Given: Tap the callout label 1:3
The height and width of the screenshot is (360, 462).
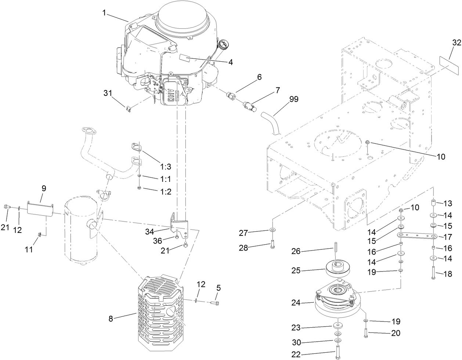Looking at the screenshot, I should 166,166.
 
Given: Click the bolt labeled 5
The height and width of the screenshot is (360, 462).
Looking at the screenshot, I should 215,303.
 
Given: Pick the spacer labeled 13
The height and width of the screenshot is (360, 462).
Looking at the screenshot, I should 433,202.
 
